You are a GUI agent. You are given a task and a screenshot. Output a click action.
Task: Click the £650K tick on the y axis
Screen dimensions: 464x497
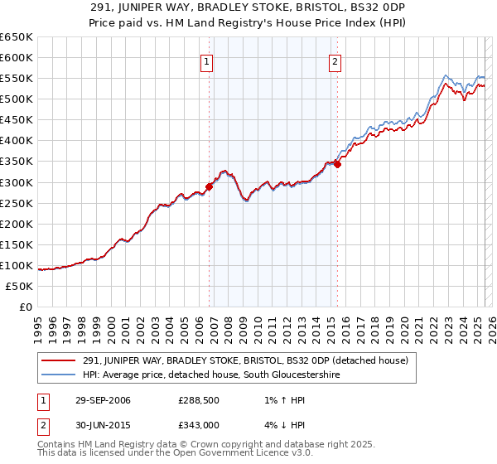tap(17, 37)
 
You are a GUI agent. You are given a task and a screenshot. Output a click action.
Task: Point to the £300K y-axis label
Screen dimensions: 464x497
tap(17, 182)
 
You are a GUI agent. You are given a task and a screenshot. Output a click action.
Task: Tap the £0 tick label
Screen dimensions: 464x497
tap(25, 307)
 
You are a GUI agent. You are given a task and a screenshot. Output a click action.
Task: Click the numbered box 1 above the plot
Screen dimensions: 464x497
tap(205, 60)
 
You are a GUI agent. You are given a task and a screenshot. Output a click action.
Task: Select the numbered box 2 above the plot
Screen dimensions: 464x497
tap(335, 60)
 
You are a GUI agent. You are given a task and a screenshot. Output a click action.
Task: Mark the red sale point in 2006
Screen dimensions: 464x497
tap(210, 186)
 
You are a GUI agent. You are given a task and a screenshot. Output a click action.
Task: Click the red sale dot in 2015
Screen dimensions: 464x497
tap(338, 164)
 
